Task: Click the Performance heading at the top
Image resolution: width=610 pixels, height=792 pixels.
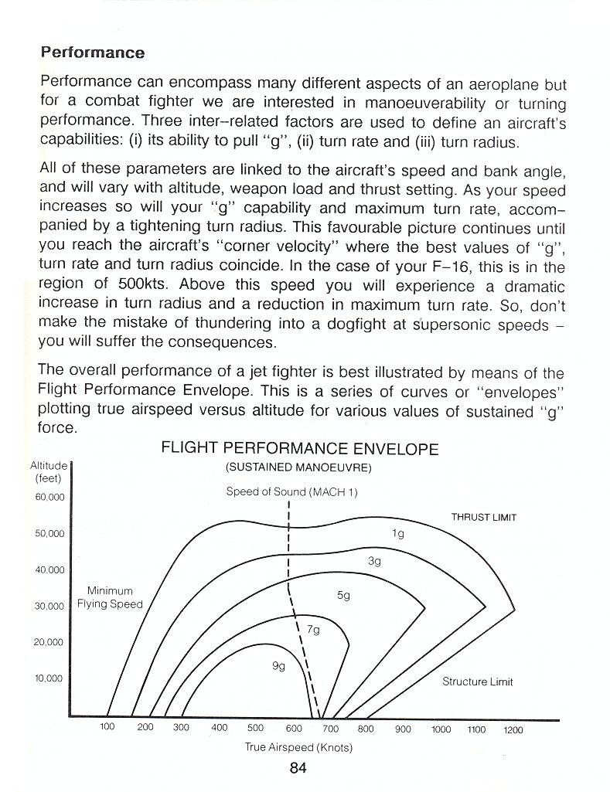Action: pyautogui.click(x=92, y=53)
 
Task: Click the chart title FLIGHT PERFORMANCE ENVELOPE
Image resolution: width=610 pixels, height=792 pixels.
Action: pyautogui.click(x=299, y=449)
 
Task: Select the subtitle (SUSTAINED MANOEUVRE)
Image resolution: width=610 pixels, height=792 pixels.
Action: pyautogui.click(x=298, y=467)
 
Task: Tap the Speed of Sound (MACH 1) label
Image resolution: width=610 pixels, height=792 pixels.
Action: pyautogui.click(x=291, y=491)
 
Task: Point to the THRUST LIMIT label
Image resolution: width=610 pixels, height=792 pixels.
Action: pyautogui.click(x=483, y=518)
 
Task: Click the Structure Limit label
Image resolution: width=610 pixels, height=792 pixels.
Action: pyautogui.click(x=477, y=682)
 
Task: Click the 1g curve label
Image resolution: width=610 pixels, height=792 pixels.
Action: pyautogui.click(x=398, y=533)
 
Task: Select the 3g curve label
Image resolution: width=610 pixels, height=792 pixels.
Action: pyautogui.click(x=374, y=562)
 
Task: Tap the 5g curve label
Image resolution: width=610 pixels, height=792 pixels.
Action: pyautogui.click(x=344, y=596)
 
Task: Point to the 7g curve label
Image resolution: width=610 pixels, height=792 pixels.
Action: pyautogui.click(x=313, y=630)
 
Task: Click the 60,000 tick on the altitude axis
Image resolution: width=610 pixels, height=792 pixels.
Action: pyautogui.click(x=50, y=497)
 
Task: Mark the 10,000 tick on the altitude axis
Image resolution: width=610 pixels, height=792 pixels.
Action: pyautogui.click(x=50, y=678)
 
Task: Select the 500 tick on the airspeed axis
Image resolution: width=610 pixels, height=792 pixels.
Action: pyautogui.click(x=255, y=728)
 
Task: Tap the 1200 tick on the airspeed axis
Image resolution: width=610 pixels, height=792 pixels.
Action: pyautogui.click(x=513, y=729)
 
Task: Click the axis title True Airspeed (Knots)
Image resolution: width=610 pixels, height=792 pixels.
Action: pyautogui.click(x=298, y=747)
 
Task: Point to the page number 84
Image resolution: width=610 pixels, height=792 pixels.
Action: pyautogui.click(x=298, y=768)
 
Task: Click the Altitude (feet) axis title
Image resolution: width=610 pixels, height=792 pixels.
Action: pyautogui.click(x=48, y=471)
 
